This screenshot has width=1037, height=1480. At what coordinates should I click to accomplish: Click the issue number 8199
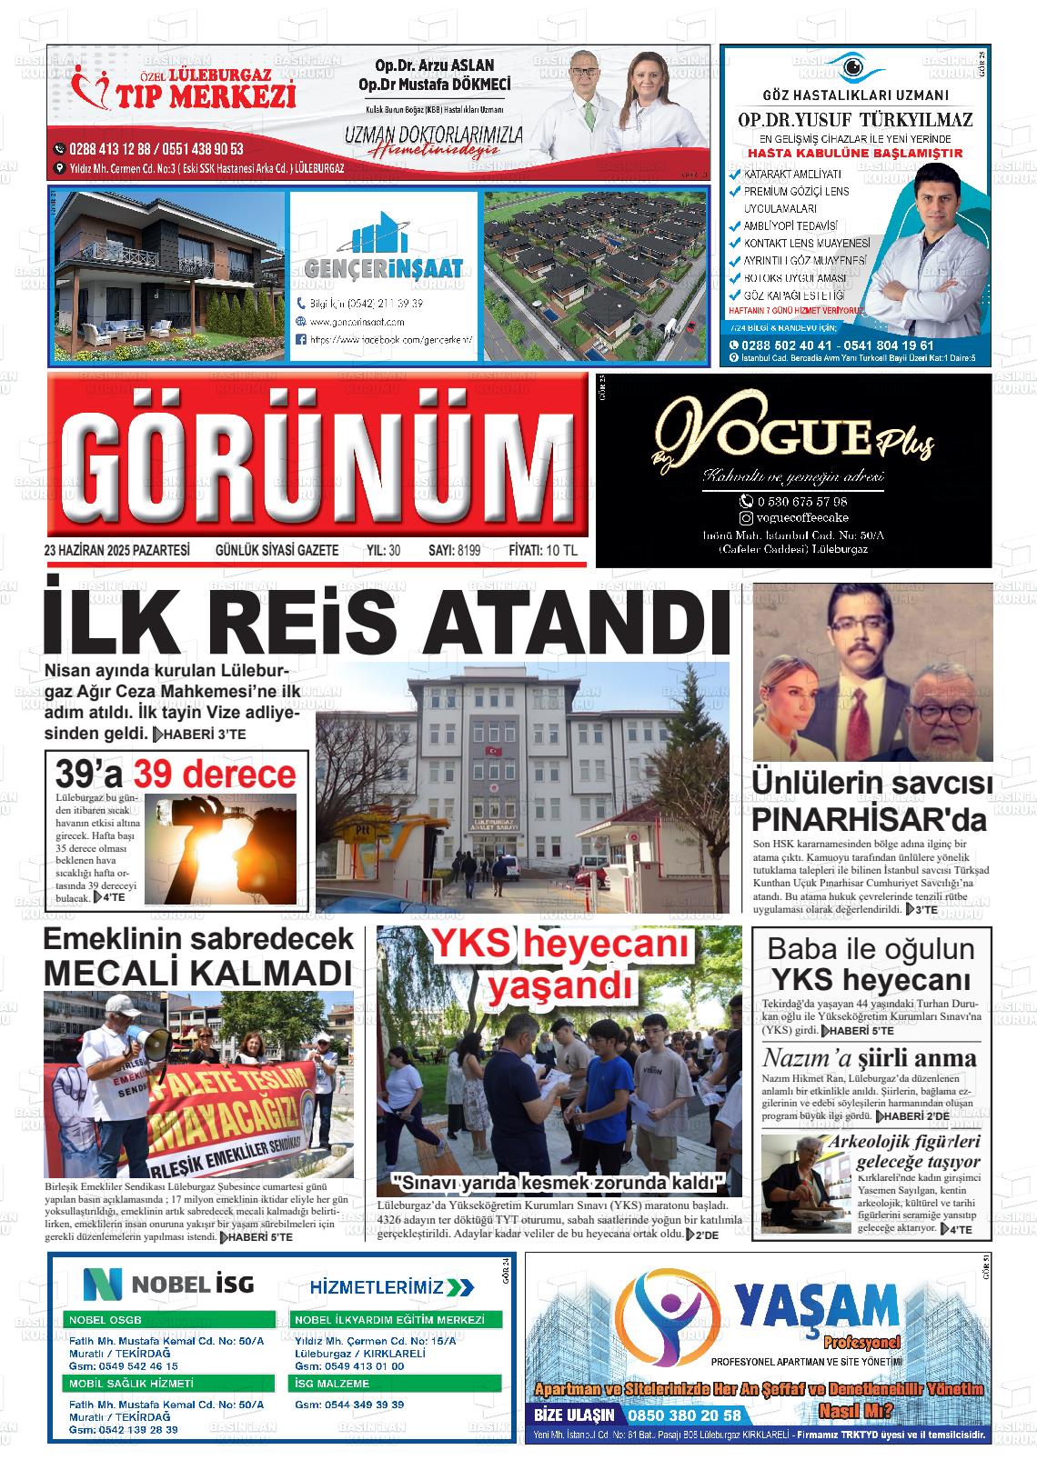pos(469,550)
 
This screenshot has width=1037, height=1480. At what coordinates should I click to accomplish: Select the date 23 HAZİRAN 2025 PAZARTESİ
pos(116,550)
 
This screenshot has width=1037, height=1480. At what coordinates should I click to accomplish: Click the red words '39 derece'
pos(215,775)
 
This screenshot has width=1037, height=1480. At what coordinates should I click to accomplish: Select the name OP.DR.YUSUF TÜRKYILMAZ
pos(854,120)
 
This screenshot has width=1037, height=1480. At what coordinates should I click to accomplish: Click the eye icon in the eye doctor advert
pos(854,66)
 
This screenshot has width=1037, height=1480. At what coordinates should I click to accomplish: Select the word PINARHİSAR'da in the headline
pos(869,819)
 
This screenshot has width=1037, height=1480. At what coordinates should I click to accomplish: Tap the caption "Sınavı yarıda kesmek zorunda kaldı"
pos(559,1183)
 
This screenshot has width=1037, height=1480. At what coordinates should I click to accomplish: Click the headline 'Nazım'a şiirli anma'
pos(869,1058)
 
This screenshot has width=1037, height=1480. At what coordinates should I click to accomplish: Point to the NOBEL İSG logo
pos(169,1284)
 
